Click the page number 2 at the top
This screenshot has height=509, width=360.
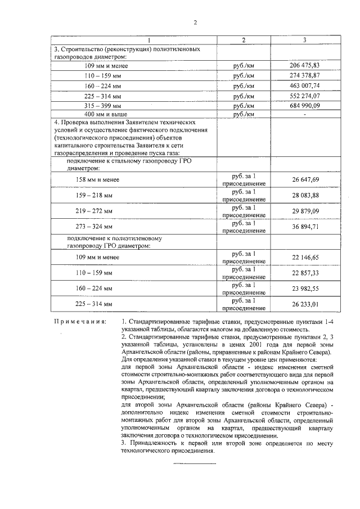[x=195, y=23]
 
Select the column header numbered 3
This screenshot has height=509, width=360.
[x=304, y=40]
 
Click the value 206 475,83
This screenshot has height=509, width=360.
[x=304, y=66]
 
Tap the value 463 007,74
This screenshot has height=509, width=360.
[x=304, y=85]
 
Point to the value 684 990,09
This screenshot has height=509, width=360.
[x=304, y=105]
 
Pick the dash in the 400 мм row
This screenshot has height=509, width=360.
[x=304, y=115]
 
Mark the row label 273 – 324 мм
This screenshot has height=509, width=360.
[x=94, y=227]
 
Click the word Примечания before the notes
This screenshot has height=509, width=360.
[x=80, y=322]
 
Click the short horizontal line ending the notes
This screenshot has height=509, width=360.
[x=194, y=463]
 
